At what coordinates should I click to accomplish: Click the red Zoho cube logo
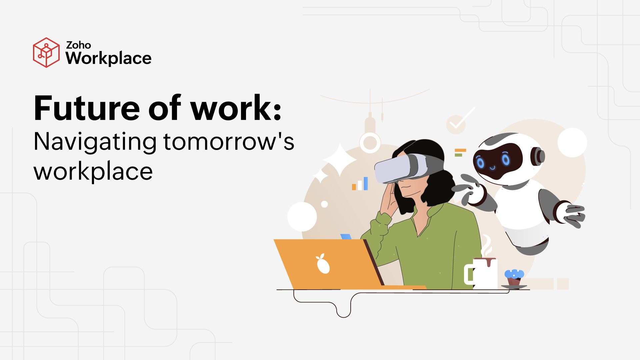(46, 53)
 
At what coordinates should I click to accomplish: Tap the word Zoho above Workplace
(78, 45)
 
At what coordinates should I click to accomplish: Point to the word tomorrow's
(229, 142)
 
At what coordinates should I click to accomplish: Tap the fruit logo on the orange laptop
(322, 264)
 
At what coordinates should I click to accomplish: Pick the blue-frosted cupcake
(514, 278)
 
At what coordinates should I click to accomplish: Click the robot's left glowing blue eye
(480, 162)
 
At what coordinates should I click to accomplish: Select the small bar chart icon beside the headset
(360, 184)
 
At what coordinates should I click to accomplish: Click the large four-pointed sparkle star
(340, 160)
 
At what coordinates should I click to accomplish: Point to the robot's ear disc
(538, 156)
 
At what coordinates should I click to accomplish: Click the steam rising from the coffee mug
(486, 246)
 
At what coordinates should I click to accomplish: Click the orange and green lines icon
(460, 152)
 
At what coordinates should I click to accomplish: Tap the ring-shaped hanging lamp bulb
(370, 143)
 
